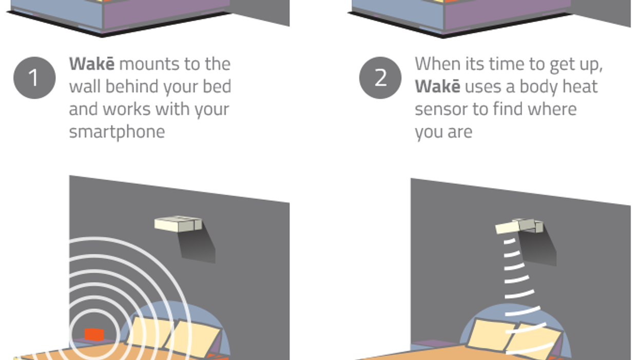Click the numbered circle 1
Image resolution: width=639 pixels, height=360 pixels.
click(34, 78)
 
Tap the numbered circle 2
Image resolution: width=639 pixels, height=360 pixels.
click(380, 78)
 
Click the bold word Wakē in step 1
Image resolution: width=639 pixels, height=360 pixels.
click(92, 64)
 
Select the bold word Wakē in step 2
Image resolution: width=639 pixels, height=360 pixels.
click(437, 86)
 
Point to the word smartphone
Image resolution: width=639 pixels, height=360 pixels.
click(117, 131)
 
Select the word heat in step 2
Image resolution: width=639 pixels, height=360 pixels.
click(580, 86)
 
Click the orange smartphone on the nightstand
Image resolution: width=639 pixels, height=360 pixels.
click(94, 334)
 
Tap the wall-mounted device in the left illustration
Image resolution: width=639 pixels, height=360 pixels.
click(178, 224)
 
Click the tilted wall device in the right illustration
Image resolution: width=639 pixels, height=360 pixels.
click(519, 226)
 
